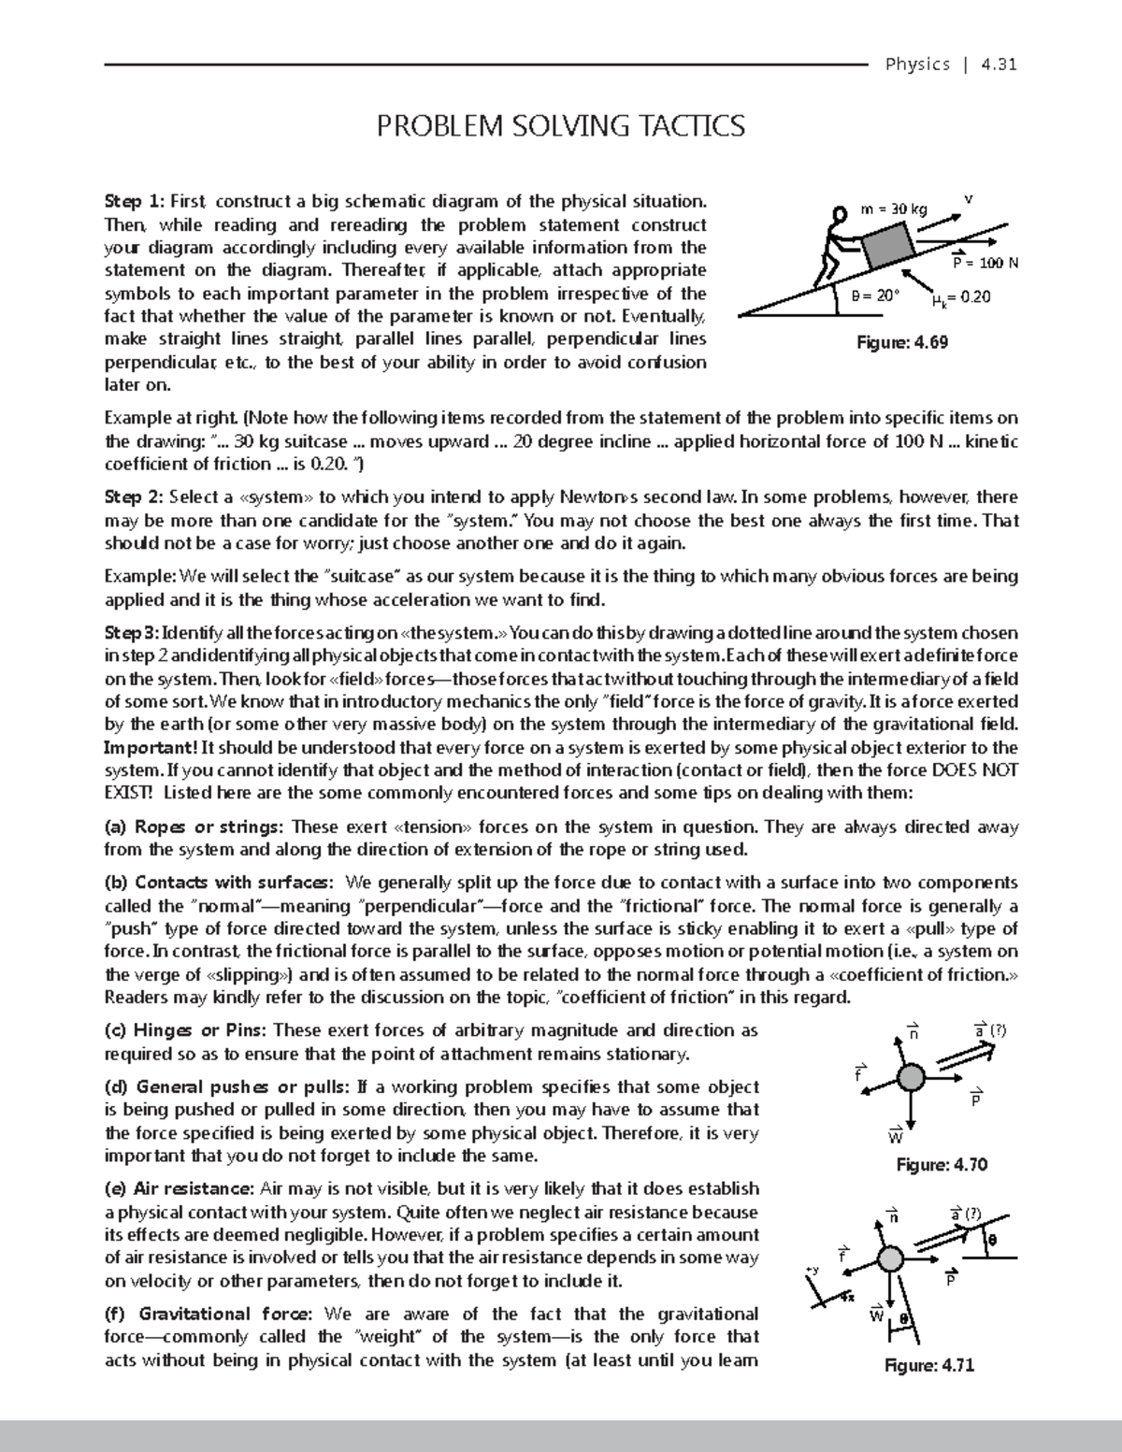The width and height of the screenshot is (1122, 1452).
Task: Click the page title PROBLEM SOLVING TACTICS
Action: [560, 125]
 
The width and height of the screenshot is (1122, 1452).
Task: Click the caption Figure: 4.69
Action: [902, 342]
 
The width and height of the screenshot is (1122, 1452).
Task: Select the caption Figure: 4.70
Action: [942, 1164]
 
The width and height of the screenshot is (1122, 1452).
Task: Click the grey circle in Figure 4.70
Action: [912, 1080]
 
